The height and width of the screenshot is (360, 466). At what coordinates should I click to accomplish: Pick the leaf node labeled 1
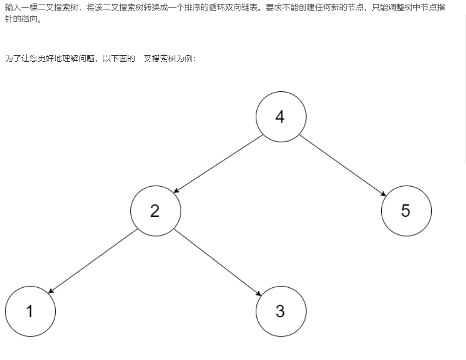pos(30,311)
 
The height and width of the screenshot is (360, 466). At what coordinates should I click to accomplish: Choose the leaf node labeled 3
pos(281,311)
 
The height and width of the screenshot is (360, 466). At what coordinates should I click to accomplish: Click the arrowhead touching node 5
pos(384,194)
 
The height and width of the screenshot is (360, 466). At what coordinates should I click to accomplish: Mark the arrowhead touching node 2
pos(176,191)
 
